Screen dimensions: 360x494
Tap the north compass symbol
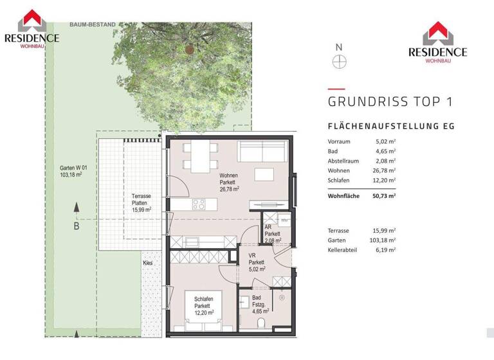point(339,62)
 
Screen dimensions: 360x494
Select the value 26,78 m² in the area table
point(385,170)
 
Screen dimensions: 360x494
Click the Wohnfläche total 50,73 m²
point(385,195)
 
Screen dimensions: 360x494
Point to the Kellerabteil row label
point(343,249)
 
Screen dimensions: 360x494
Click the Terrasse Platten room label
point(141,202)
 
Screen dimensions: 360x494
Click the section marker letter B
point(76,226)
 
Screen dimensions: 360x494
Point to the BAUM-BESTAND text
point(93,25)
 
